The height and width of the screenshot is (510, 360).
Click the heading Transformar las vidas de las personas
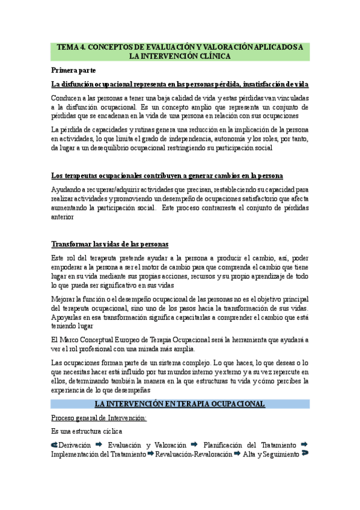coord(110,244)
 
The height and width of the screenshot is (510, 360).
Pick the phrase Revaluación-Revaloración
coord(194,455)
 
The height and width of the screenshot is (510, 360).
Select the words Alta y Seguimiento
coord(271,455)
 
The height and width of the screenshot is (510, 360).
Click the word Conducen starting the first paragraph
coord(67,97)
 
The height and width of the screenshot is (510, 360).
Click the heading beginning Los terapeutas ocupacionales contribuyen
coord(167,176)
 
